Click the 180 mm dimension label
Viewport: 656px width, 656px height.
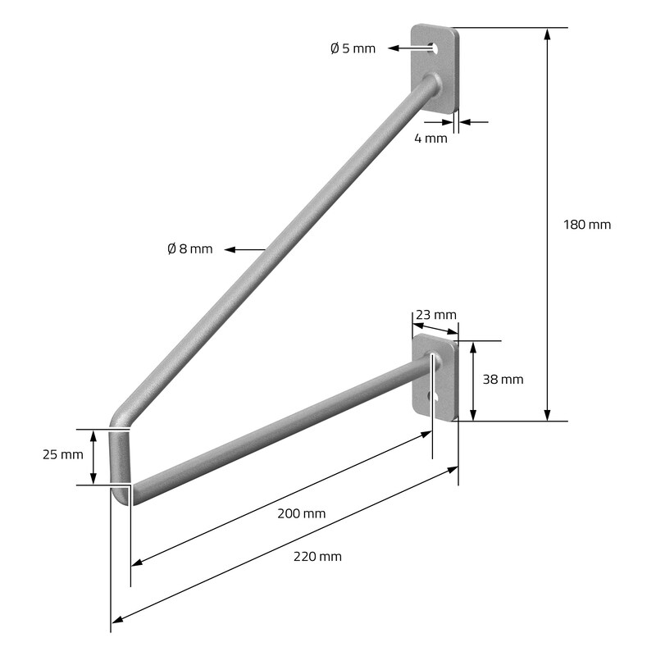tap(587, 225)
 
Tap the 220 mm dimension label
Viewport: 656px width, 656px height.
tap(317, 557)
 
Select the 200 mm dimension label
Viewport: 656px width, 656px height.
tap(301, 513)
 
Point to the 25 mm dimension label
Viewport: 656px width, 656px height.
tap(63, 454)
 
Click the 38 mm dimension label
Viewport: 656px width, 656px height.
tap(503, 380)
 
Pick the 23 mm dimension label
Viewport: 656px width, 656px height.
tap(436, 315)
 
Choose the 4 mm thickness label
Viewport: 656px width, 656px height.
tap(431, 138)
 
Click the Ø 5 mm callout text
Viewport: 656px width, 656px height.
tap(353, 48)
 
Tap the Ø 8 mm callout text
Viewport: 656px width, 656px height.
tap(189, 249)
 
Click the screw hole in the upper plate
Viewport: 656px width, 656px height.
tap(434, 48)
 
